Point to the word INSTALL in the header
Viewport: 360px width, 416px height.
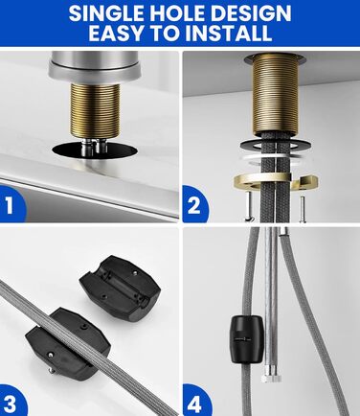[229, 33]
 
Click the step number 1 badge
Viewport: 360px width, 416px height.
[11, 204]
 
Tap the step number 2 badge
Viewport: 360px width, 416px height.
[194, 205]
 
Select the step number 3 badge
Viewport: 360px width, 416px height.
[11, 403]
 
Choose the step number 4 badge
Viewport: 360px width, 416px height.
[194, 404]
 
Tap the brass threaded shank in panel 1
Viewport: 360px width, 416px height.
[95, 108]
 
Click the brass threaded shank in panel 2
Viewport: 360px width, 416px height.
[275, 94]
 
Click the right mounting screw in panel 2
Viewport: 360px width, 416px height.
[302, 209]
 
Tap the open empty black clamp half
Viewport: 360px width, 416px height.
[120, 288]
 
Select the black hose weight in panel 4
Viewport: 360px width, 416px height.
[247, 339]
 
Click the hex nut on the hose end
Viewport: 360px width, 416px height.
[272, 379]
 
